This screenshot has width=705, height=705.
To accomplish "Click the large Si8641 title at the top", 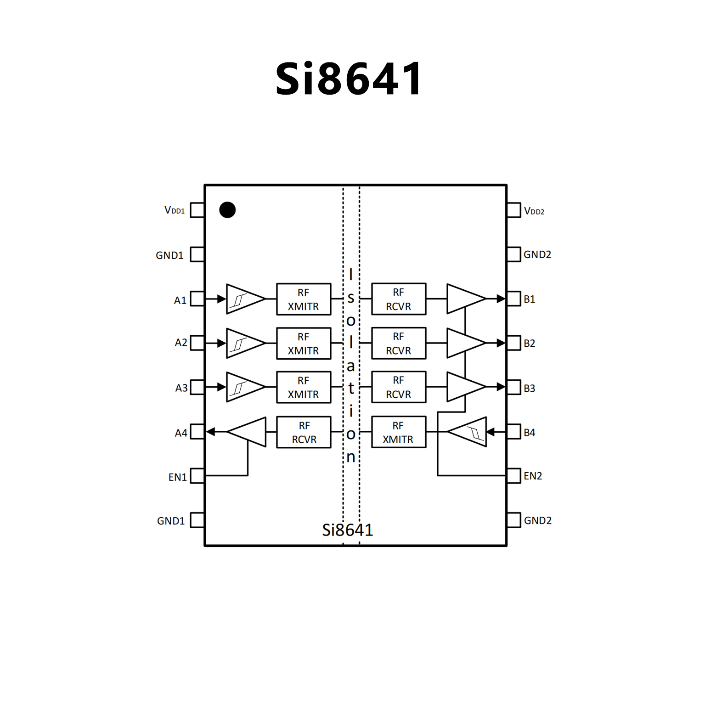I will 348,79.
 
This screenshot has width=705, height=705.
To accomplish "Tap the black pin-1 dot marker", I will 227,210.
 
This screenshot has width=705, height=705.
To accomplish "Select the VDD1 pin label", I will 175,210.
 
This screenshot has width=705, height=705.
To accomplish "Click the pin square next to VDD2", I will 514,210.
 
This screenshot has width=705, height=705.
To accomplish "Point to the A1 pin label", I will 180,300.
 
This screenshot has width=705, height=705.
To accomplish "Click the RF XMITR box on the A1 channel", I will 304,299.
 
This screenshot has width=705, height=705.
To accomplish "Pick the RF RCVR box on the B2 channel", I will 399,343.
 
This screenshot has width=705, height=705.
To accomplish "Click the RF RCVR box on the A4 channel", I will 304,432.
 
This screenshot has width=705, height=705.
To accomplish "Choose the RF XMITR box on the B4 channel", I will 399,432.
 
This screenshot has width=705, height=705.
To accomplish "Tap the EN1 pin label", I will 177,477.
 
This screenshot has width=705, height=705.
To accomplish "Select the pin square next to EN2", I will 514,476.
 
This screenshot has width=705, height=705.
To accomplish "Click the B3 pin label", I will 530,389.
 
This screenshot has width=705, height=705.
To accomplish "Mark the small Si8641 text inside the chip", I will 347,530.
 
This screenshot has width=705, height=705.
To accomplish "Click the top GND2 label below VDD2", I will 537,254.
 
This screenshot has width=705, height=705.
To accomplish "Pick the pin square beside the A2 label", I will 197,343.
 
